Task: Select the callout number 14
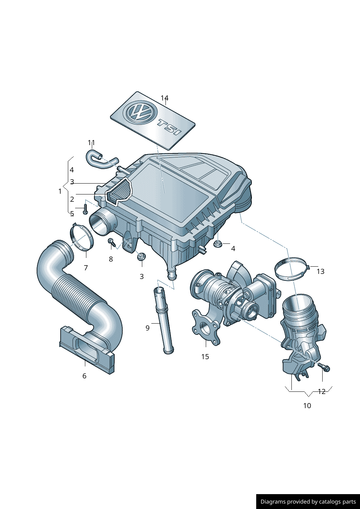164,98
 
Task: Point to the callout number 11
91,143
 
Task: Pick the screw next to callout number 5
86,209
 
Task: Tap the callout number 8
111,259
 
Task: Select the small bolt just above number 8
111,242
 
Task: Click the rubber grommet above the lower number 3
141,257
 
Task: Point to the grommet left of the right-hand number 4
218,244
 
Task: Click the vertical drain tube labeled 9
164,319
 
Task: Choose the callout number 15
205,357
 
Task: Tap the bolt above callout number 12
325,368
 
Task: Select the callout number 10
307,406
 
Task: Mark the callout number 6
85,376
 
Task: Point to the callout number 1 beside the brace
60,191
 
